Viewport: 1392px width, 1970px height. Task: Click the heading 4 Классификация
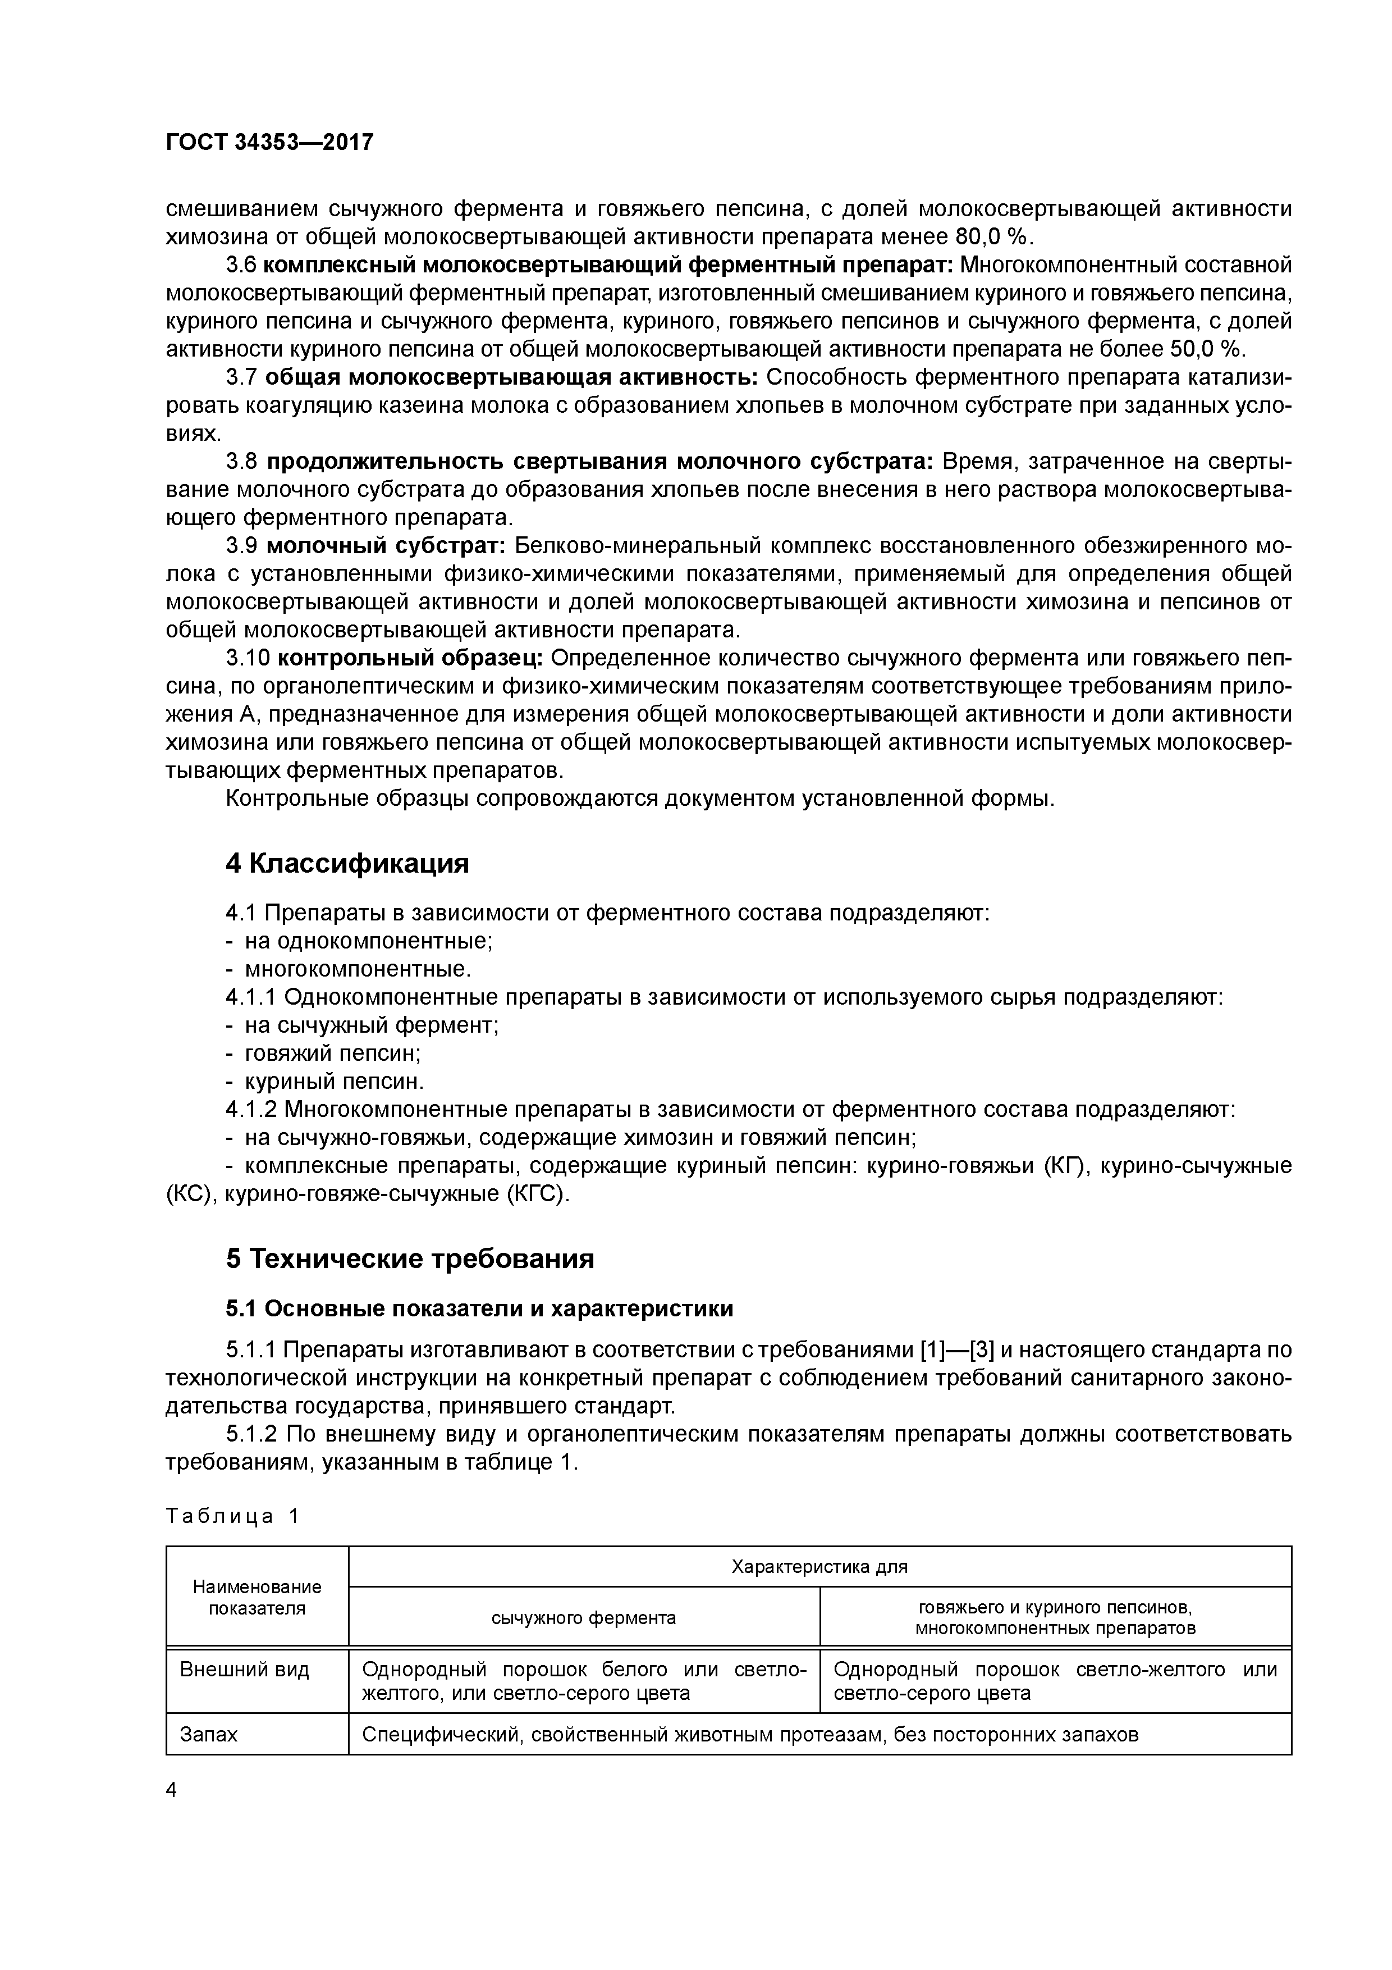[347, 863]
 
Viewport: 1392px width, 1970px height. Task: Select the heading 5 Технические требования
[410, 1258]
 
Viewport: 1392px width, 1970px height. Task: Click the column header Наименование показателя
[257, 1598]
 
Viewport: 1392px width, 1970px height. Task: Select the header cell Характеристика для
[819, 1567]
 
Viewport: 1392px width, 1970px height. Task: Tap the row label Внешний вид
[244, 1670]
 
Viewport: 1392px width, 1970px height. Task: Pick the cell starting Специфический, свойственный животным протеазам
[750, 1734]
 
